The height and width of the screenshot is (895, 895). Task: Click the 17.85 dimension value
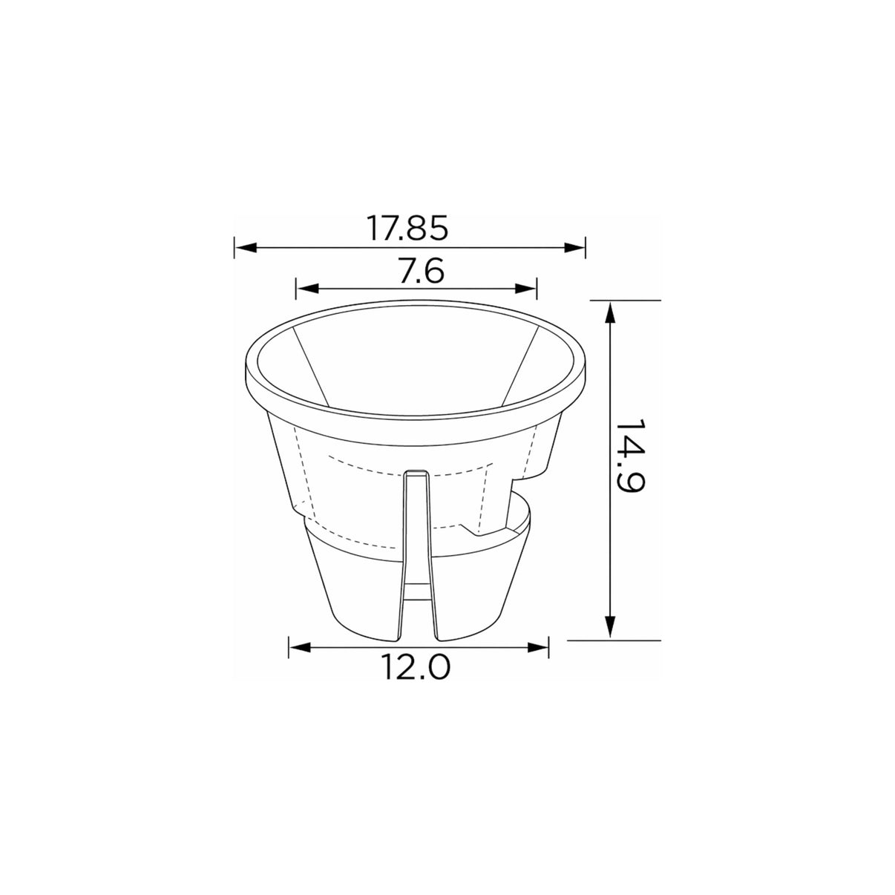[407, 228]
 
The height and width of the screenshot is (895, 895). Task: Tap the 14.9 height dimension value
[630, 456]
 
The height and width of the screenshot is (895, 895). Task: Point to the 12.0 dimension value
[416, 666]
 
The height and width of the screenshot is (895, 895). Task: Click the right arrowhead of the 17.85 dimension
[574, 248]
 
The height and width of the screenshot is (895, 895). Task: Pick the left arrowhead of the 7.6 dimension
[307, 289]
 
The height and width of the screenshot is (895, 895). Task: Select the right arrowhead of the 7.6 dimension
[525, 289]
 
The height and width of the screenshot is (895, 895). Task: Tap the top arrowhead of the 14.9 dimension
[610, 312]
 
